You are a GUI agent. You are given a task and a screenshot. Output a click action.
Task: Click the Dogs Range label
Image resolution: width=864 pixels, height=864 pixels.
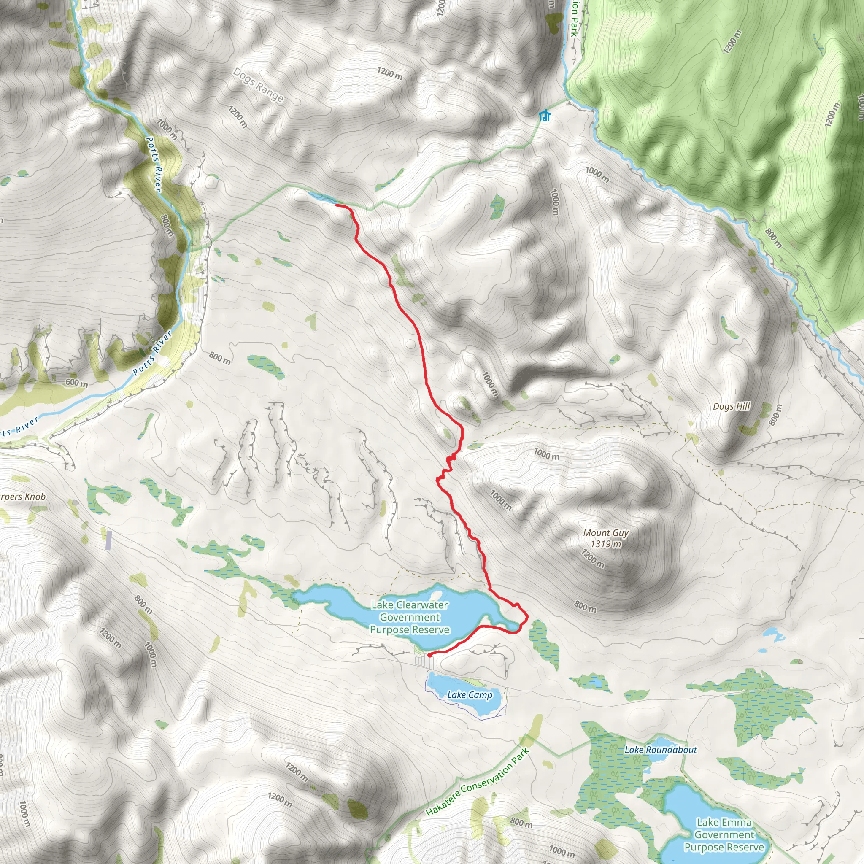[258, 85]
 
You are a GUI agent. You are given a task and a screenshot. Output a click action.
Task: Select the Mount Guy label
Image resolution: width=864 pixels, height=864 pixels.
[605, 533]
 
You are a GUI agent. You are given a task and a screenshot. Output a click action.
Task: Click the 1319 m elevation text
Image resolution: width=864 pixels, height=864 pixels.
[605, 544]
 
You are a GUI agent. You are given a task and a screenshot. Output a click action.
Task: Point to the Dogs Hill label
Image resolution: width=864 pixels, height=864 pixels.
[731, 406]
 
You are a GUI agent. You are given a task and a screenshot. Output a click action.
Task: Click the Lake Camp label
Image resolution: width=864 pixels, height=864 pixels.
[470, 694]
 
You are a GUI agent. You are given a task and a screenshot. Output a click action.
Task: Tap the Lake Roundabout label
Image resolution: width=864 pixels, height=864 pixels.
[661, 750]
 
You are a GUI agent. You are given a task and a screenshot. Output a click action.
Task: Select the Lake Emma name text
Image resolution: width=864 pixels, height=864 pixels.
[724, 822]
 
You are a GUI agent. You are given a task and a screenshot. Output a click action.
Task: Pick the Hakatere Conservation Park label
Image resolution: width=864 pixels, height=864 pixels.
[478, 781]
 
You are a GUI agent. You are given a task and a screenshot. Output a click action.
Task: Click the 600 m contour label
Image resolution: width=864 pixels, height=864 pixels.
[76, 382]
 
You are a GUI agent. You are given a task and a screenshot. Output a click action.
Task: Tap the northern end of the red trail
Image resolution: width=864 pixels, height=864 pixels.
[336, 205]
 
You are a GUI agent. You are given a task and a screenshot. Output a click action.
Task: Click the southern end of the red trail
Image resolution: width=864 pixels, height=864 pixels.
[429, 655]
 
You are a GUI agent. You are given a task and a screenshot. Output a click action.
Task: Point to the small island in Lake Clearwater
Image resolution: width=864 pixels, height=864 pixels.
[436, 596]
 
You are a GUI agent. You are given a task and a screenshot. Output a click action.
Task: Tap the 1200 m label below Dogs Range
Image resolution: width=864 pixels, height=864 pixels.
[238, 117]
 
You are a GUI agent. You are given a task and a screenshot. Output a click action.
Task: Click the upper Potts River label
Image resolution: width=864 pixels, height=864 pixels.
[154, 164]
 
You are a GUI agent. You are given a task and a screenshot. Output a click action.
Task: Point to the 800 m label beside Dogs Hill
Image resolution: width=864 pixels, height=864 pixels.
[775, 415]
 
